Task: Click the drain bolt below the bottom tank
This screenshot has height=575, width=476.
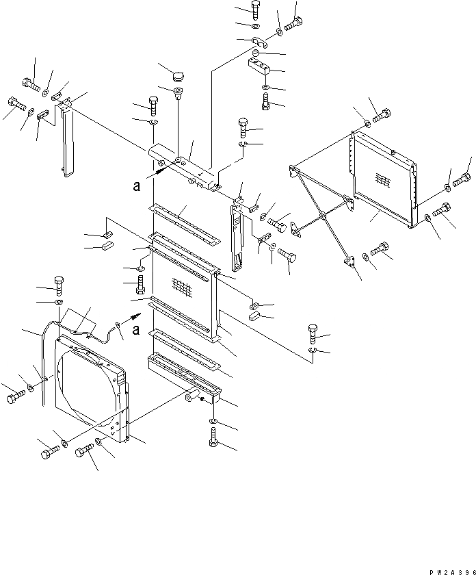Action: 212,437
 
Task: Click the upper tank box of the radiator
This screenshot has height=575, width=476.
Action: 183,166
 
